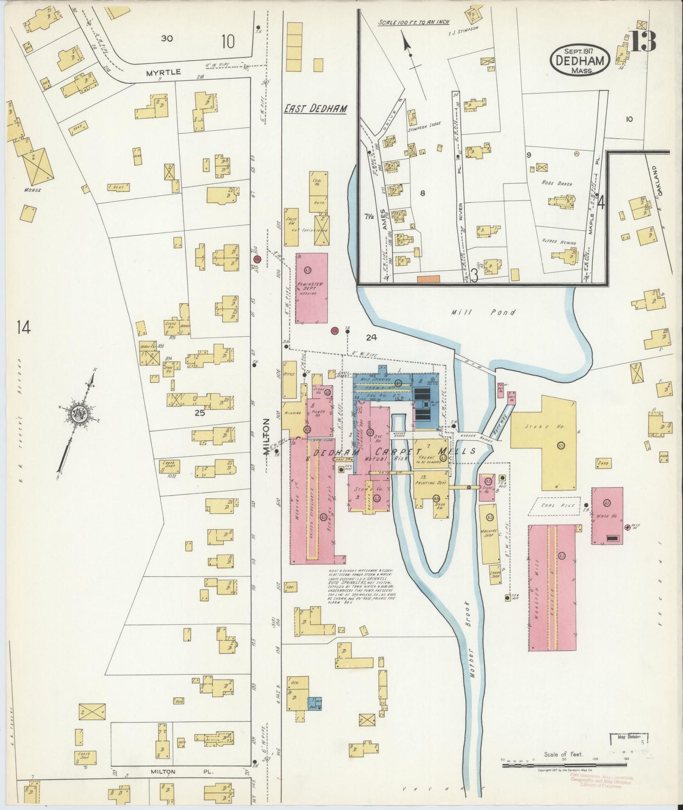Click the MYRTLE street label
point(157,72)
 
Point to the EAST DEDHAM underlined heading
point(315,109)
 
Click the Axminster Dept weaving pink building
point(311,288)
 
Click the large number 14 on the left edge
point(23,327)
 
